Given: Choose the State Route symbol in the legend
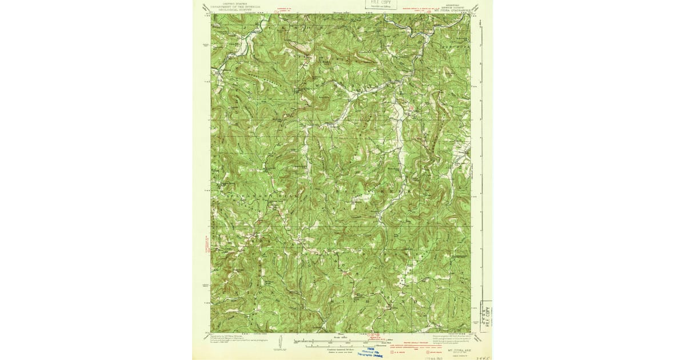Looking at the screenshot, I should [x=417, y=354].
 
